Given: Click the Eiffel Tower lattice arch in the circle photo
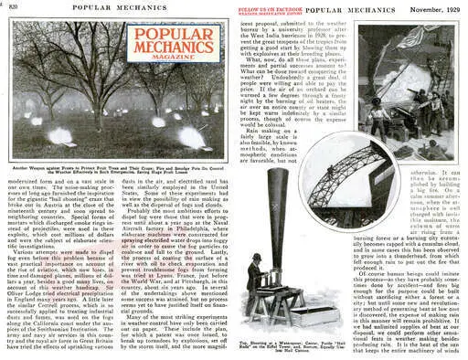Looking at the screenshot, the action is coord(357,178).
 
